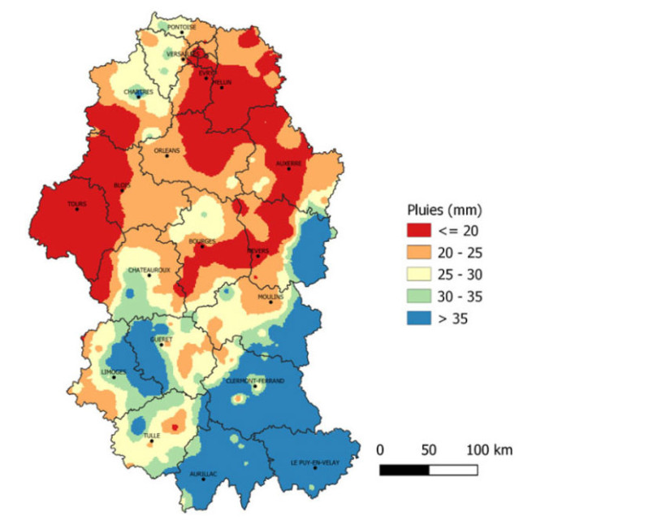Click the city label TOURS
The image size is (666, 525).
[x=76, y=204]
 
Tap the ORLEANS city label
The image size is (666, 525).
[x=166, y=150]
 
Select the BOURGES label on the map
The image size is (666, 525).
[x=201, y=241]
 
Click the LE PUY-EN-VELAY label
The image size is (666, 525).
[x=314, y=462]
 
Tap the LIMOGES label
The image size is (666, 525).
[x=113, y=371]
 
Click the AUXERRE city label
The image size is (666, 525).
[x=288, y=163]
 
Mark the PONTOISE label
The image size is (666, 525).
[x=181, y=27]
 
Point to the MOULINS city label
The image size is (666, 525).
[x=270, y=297]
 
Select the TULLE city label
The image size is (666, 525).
[x=152, y=436]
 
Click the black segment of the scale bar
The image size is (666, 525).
[x=404, y=470]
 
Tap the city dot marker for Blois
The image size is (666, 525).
[x=123, y=189]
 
